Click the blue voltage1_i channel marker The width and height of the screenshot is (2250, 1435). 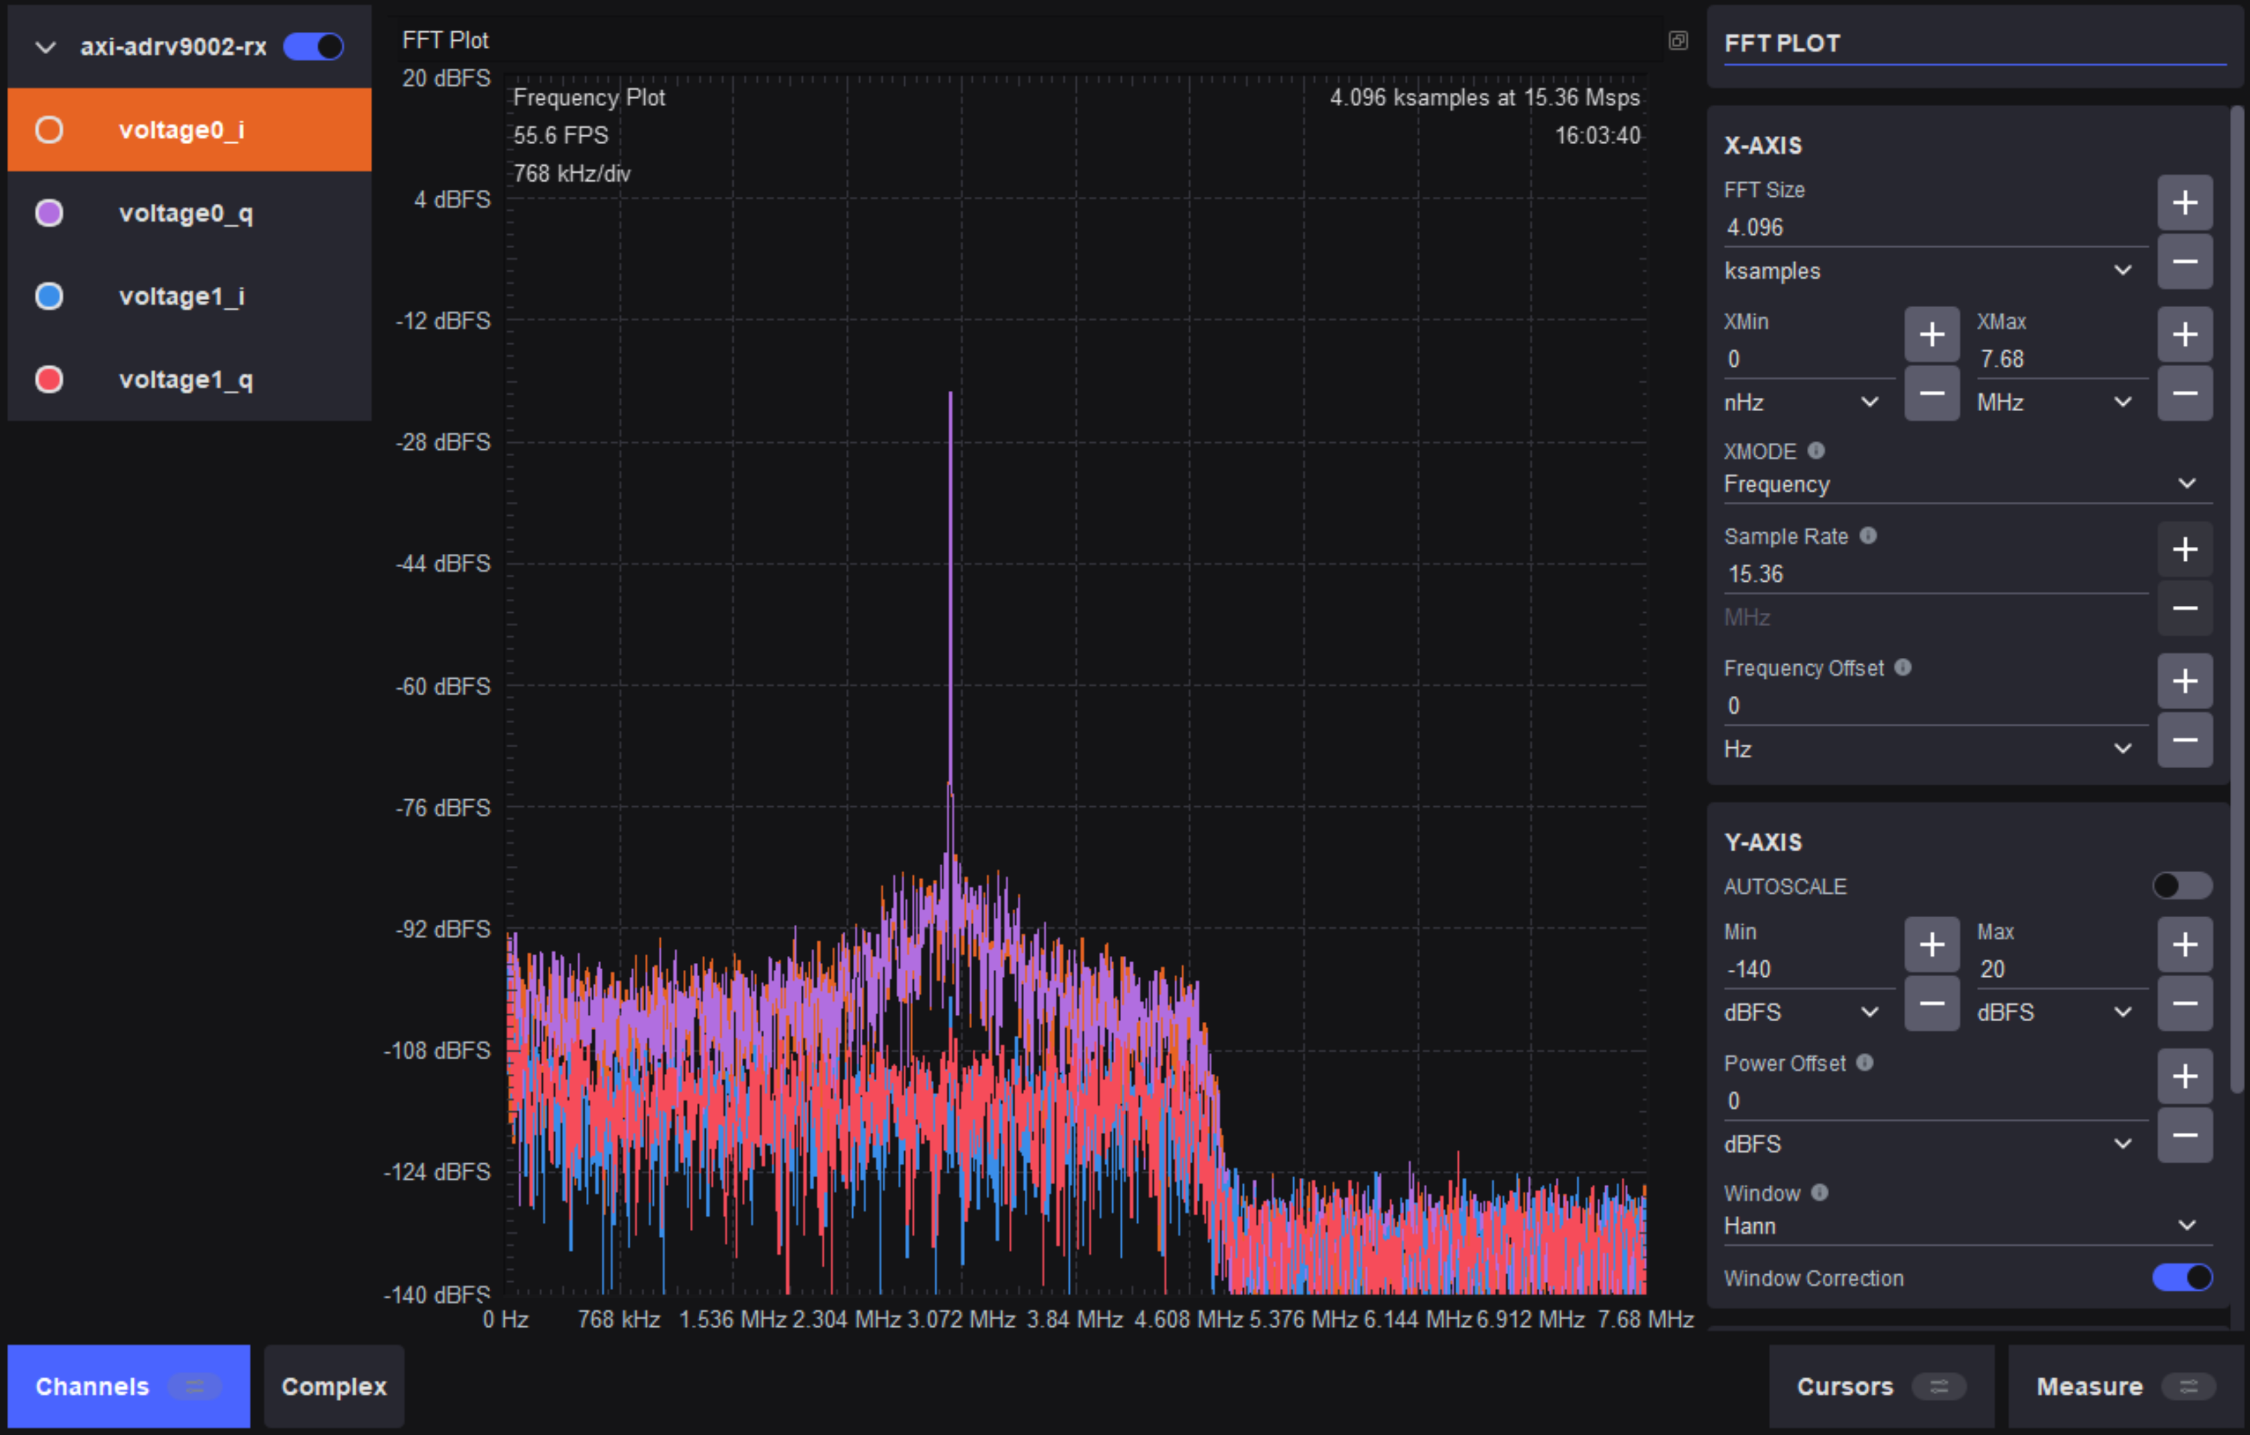tap(49, 296)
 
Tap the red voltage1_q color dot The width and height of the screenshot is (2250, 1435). tap(49, 379)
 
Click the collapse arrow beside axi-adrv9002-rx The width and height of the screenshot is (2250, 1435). tap(45, 46)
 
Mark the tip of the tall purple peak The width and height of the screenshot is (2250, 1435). tap(951, 392)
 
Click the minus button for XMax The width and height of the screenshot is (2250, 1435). tap(2185, 393)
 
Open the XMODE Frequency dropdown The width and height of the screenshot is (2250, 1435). tap(1967, 484)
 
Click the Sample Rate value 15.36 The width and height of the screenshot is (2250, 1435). tap(1756, 573)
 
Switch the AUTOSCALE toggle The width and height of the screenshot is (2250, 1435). tap(2182, 886)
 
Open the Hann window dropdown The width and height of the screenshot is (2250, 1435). tap(1967, 1226)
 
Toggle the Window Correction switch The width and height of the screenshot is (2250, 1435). tap(2182, 1277)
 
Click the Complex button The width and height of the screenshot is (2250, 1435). tap(334, 1386)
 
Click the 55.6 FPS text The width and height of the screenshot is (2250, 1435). tap(561, 135)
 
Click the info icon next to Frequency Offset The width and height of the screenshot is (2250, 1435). tap(1903, 667)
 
